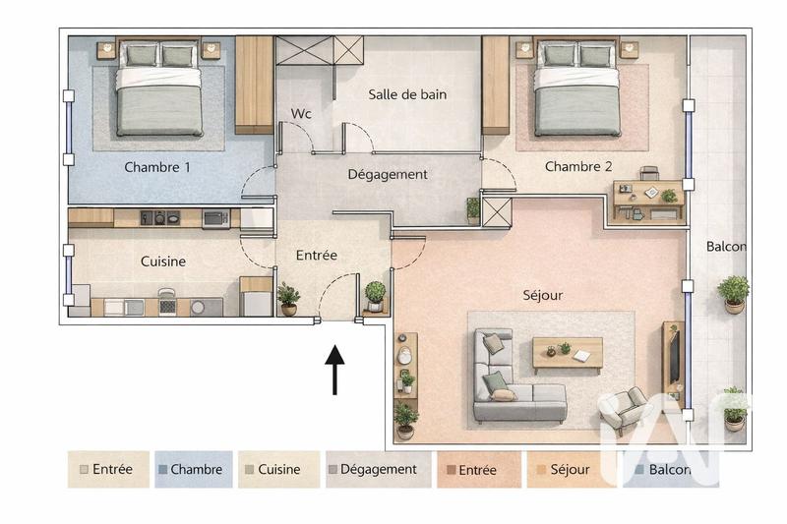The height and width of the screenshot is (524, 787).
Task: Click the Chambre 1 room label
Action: click(157, 167)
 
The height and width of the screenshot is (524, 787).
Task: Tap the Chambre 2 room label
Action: click(578, 166)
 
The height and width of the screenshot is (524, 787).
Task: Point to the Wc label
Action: click(301, 114)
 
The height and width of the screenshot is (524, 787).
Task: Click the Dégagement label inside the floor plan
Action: click(388, 174)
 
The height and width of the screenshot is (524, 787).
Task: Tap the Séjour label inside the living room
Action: click(542, 295)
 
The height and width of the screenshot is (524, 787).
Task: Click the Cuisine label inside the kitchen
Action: click(162, 262)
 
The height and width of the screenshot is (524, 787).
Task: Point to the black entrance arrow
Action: click(334, 369)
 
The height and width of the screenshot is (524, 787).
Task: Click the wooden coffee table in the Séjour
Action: click(568, 354)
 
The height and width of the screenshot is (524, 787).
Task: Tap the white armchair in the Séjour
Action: click(625, 409)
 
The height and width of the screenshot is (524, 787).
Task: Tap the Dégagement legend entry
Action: click(379, 470)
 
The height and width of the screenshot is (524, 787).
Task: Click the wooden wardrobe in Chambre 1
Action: click(254, 85)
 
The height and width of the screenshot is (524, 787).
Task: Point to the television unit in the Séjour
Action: click(673, 364)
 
